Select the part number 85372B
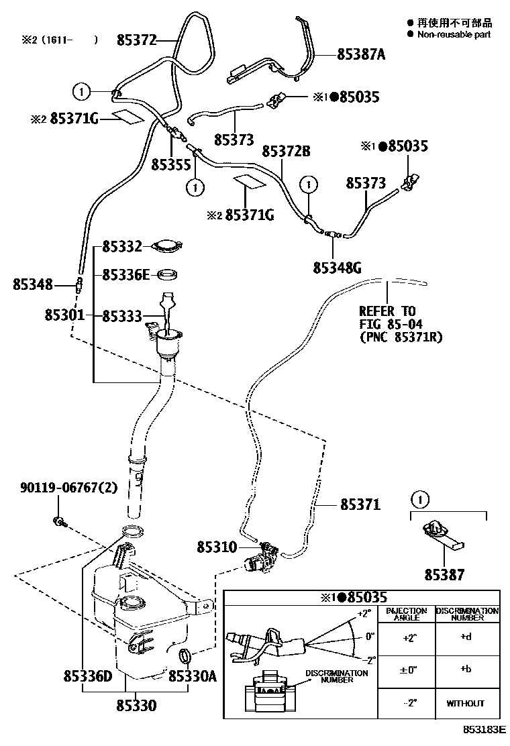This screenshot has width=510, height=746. click(286, 152)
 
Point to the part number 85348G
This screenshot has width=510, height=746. click(337, 268)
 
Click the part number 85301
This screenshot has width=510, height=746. click(64, 315)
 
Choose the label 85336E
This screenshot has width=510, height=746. click(126, 275)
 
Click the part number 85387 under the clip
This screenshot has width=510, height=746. click(444, 575)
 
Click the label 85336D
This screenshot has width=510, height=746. click(84, 677)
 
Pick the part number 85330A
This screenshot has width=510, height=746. click(192, 677)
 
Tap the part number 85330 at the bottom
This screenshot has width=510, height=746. click(136, 706)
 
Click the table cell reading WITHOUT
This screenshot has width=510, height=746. click(465, 703)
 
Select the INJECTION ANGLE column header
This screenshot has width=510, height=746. click(407, 614)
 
